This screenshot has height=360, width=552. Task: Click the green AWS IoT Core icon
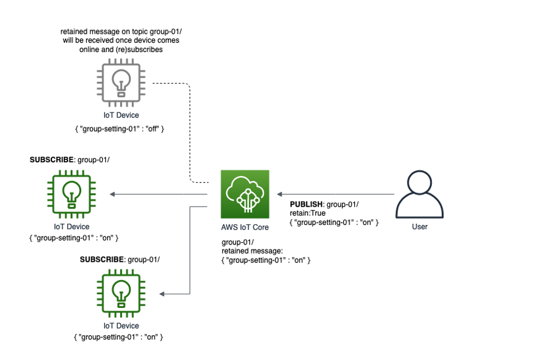point(244,194)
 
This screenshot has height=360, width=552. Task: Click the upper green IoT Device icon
point(72,194)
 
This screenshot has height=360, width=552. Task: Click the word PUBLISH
point(306,204)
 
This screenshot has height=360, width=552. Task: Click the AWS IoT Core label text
point(244,227)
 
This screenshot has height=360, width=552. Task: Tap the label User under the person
point(419,226)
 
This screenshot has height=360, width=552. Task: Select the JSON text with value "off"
point(121,127)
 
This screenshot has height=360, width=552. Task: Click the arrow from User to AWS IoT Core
point(337,194)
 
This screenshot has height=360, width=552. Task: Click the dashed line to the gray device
point(189,130)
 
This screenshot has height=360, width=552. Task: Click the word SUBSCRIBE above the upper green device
point(52,160)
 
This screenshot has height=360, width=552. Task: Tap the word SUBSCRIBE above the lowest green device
point(102,259)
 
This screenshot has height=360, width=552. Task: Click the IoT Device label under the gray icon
point(121,115)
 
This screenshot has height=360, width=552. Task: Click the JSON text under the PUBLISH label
point(334,222)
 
